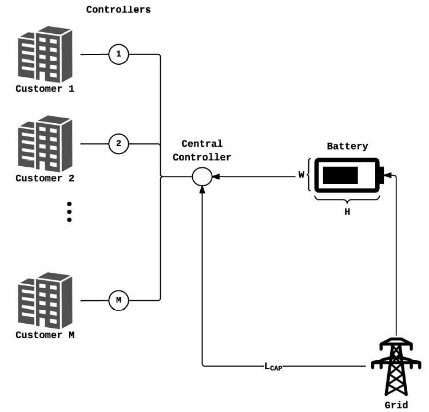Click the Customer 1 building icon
tap(46, 56)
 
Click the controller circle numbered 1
tap(118, 55)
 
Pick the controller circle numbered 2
tap(118, 143)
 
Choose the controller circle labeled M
tap(118, 300)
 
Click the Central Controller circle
tap(201, 176)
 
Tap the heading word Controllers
tap(118, 10)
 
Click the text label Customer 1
tap(45, 89)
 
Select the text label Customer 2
tap(45, 178)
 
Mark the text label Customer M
tap(45, 335)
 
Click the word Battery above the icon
tap(347, 146)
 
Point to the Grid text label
tap(396, 405)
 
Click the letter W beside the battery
tap(301, 175)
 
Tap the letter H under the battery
tap(347, 211)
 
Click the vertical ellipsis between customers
tap(69, 211)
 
